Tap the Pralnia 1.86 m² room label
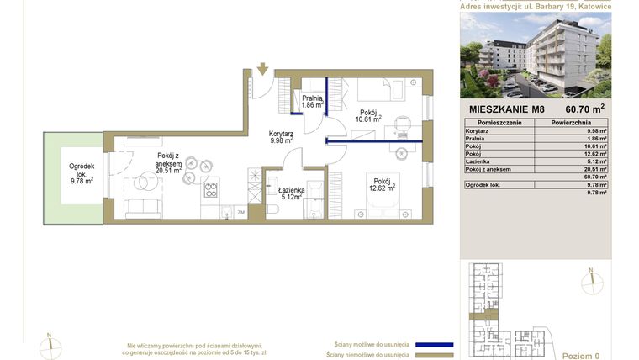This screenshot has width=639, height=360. (x=313, y=102)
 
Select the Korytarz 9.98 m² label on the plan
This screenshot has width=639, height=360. (x=280, y=137)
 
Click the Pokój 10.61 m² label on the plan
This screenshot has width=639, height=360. (x=369, y=116)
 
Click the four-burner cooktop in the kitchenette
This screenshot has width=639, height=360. (x=209, y=188)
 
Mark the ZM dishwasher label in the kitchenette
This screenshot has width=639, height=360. (x=240, y=213)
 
